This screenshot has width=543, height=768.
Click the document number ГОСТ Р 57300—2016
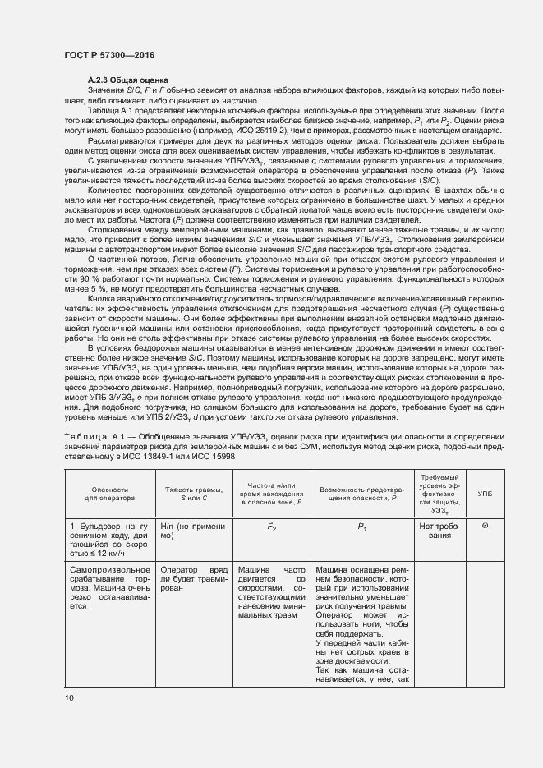[x=109, y=55]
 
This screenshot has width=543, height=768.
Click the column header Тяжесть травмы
[x=189, y=493]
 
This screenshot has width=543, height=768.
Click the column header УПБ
[x=485, y=493]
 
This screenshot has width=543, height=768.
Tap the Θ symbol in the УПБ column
[x=485, y=525]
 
